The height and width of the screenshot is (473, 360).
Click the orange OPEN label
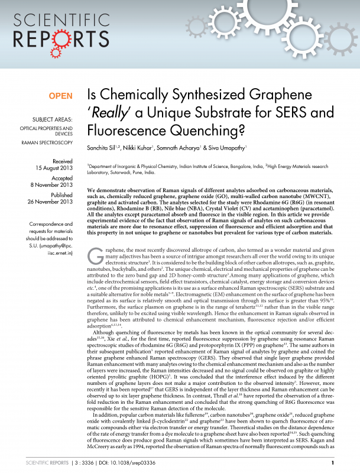pos(60,96)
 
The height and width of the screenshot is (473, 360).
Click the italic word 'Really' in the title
pos(109,113)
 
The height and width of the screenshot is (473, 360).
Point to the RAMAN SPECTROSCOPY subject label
pos(47,143)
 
